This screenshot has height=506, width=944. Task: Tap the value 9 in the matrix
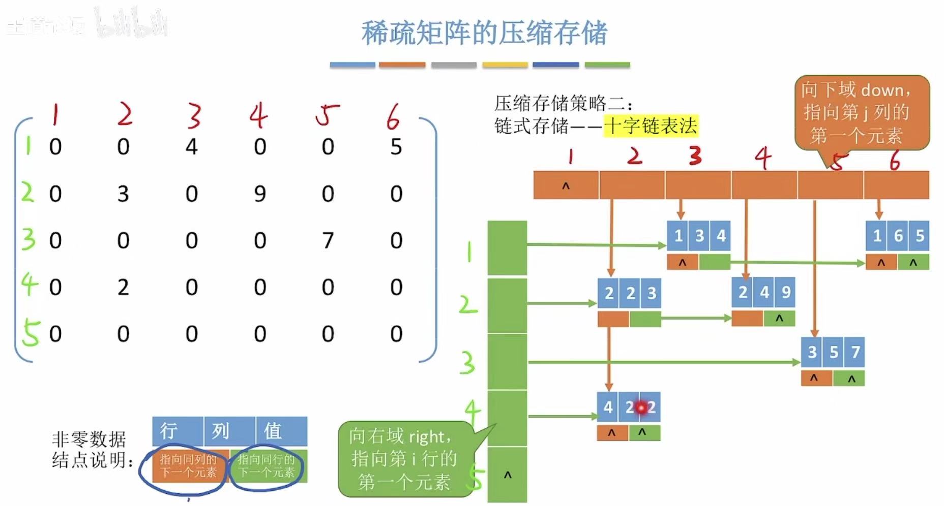[260, 194]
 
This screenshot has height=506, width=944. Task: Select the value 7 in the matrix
[328, 240]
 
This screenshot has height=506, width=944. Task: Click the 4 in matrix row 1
[191, 147]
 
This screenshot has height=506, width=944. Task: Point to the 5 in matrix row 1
[396, 147]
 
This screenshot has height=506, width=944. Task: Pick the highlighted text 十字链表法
[651, 125]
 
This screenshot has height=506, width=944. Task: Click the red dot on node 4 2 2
[641, 407]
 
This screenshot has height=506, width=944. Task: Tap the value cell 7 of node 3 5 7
[855, 352]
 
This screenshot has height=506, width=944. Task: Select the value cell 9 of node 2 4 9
[786, 292]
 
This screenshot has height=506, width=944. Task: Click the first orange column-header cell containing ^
[566, 185]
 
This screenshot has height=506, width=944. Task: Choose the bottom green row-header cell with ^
[507, 475]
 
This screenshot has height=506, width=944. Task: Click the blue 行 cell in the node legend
[178, 431]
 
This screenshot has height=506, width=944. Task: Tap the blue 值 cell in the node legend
[282, 431]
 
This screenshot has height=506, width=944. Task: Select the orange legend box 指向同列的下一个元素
[188, 466]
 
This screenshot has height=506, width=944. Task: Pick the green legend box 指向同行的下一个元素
[268, 466]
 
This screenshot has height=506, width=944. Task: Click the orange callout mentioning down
[862, 112]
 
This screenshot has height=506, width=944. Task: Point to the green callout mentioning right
[404, 459]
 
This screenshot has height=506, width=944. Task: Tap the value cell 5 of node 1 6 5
[920, 236]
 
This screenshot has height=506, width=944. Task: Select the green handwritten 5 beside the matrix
[30, 334]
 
